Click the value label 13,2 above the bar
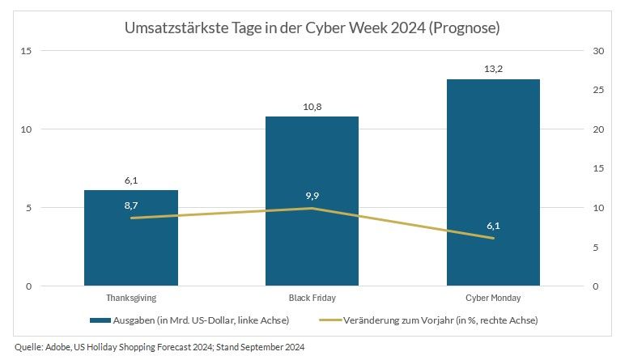[493, 69]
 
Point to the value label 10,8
[312, 107]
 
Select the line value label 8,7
[131, 206]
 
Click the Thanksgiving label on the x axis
[131, 299]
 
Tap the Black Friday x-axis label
[312, 299]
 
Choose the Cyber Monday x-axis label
[493, 299]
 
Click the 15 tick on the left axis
[27, 51]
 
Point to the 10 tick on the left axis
[27, 129]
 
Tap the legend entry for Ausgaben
[189, 320]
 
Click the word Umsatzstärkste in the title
[171, 28]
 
